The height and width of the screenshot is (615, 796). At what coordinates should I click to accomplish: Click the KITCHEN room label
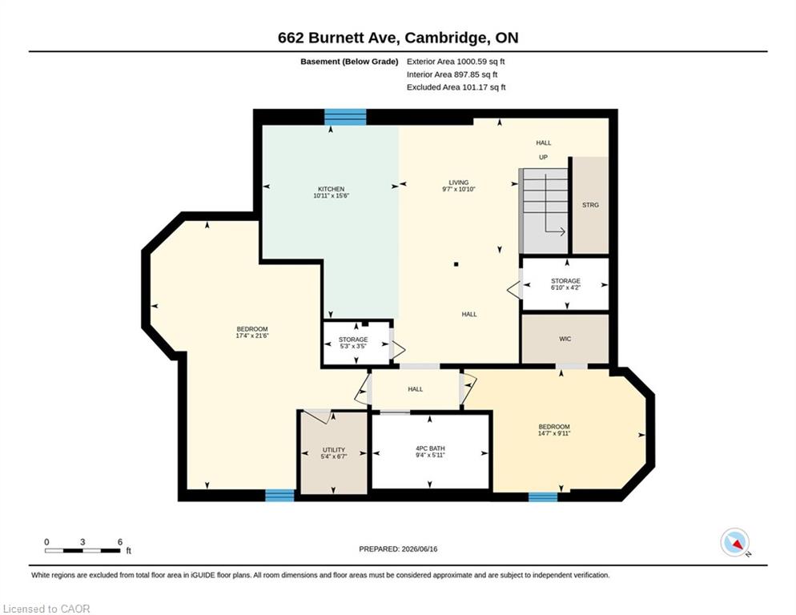point(331,189)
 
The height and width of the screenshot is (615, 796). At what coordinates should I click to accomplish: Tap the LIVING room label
point(458,183)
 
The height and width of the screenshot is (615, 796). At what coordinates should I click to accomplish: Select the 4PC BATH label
point(430,448)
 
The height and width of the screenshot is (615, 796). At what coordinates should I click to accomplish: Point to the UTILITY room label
point(333,450)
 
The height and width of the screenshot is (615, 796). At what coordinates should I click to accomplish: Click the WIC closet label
point(565,339)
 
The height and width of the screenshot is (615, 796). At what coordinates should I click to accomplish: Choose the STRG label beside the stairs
point(590,205)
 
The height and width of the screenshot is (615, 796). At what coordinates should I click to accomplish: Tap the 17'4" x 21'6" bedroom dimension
point(251,336)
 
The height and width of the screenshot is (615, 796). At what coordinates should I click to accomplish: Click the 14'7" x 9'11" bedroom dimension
point(554,433)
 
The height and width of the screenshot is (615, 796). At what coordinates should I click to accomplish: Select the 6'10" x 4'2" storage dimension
point(565,287)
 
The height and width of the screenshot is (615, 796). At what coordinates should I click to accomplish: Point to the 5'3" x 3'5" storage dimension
point(353,346)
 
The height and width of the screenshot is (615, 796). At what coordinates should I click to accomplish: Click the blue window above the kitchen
point(345,117)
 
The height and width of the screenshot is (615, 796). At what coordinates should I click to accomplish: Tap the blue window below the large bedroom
point(279,495)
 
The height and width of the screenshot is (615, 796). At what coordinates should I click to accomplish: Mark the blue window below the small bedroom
point(543,496)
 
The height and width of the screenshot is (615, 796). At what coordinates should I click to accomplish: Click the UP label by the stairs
point(543,158)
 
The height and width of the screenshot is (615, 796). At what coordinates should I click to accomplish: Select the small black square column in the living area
point(456,264)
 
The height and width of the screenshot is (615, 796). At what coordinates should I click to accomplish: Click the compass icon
point(735,542)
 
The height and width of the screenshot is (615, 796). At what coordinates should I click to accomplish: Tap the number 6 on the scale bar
point(120,542)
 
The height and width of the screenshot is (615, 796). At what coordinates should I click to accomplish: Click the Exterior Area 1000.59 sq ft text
point(456,62)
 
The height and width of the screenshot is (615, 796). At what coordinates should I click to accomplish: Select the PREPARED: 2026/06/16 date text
point(398,549)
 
